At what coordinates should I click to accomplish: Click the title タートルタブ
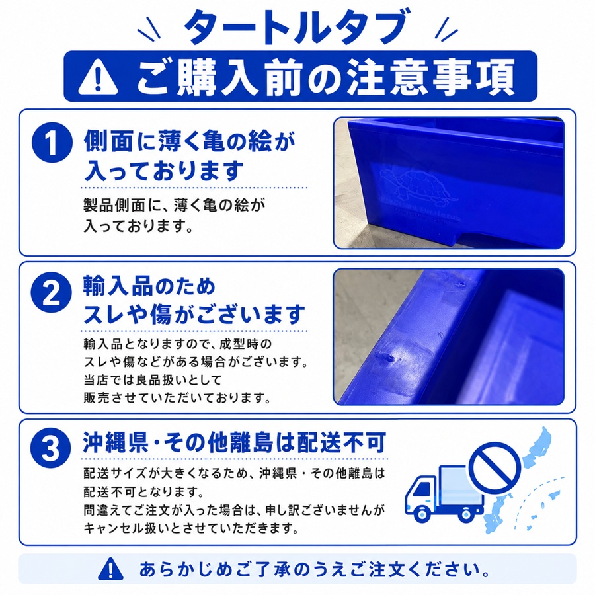tap(297, 27)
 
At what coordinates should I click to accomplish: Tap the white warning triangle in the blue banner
tap(98, 77)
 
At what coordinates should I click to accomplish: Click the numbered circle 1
tap(52, 143)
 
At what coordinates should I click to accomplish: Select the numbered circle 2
tap(51, 292)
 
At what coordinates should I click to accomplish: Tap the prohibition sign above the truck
tap(495, 468)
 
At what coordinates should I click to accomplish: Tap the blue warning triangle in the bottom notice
tap(110, 569)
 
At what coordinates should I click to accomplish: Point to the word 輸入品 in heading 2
tap(119, 286)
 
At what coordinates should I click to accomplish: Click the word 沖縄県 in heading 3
tap(115, 442)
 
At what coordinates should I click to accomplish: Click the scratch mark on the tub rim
tap(385, 357)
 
